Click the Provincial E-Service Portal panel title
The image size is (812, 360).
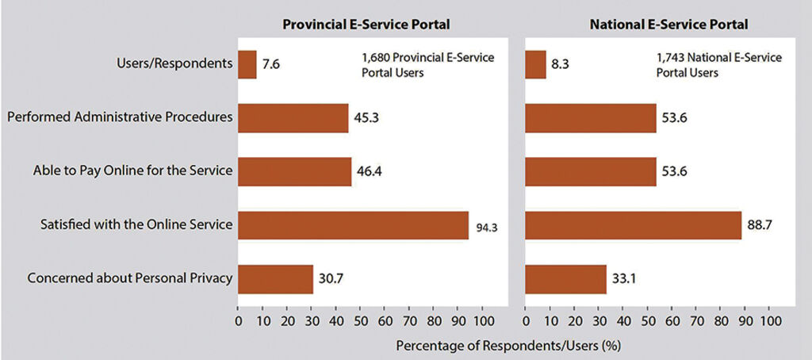[366, 25]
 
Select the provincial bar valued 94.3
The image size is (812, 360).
[354, 225]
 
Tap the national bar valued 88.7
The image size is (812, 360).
[634, 225]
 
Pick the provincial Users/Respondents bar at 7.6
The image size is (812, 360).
[247, 64]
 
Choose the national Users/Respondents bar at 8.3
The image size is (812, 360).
[536, 64]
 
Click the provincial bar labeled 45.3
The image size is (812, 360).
[293, 118]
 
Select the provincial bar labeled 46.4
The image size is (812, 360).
[295, 171]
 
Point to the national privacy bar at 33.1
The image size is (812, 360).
[566, 279]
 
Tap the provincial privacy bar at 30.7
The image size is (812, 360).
[276, 279]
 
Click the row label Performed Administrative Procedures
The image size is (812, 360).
[120, 118]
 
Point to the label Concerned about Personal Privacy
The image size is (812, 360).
[130, 279]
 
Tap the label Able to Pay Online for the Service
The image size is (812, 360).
[133, 171]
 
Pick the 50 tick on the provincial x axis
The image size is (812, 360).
[361, 321]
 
